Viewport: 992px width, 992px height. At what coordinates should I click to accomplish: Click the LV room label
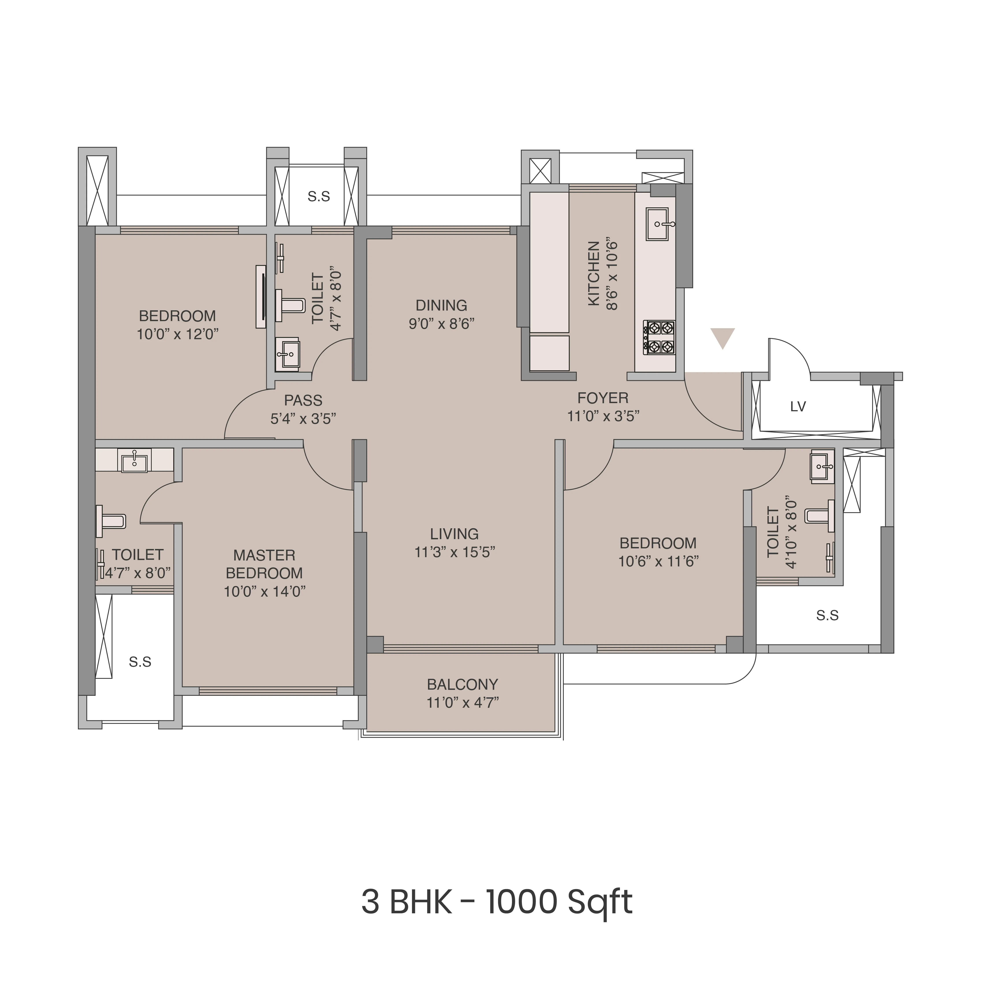point(798,407)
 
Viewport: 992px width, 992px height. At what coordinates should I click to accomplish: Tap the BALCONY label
point(462,685)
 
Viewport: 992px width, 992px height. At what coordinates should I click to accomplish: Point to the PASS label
point(303,400)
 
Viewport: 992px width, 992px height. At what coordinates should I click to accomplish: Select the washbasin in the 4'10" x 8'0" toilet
point(822,467)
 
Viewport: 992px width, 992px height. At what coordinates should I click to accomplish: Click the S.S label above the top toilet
point(318,196)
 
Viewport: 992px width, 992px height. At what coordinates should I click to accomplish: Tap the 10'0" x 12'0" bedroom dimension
point(177,334)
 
